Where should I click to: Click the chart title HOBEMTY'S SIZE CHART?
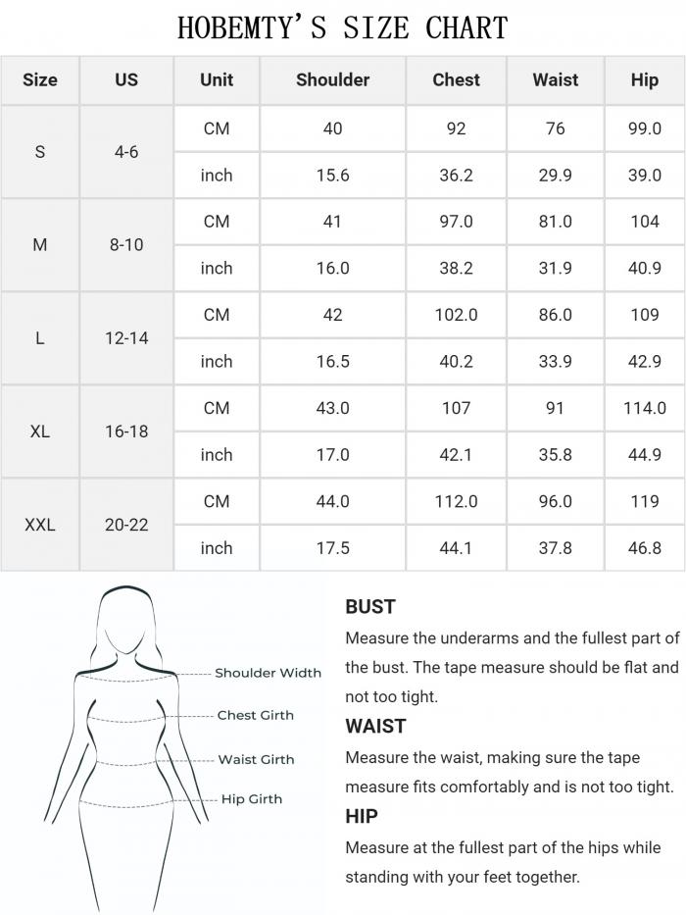point(343,27)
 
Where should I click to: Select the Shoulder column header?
point(332,80)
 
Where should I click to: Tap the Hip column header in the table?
point(644,80)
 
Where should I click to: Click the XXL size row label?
point(39,525)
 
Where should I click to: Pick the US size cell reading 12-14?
point(126,338)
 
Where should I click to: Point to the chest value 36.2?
point(456,176)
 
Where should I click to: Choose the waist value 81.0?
point(555,222)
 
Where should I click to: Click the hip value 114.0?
point(644,408)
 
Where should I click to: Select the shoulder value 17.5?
point(332,548)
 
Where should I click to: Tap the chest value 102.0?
point(456,315)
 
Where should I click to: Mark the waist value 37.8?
point(555,548)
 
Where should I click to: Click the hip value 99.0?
point(644,128)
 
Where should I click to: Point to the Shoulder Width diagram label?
point(268,673)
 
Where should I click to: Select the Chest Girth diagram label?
point(255,716)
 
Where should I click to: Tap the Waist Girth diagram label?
point(256,759)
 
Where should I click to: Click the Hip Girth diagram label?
point(251,799)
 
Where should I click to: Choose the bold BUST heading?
point(370,607)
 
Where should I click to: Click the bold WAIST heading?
point(375,727)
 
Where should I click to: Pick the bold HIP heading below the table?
point(362,816)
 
